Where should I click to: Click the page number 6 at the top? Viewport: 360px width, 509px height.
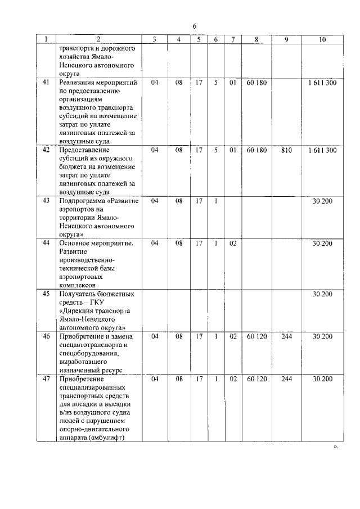[x=195, y=26]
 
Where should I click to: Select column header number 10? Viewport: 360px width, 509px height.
[x=322, y=39]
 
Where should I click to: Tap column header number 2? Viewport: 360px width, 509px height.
[x=98, y=39]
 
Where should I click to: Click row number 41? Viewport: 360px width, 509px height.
[x=46, y=83]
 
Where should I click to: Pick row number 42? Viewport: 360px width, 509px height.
[x=46, y=150]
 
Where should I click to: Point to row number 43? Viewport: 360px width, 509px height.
[x=46, y=201]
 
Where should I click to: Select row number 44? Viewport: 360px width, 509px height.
[x=46, y=243]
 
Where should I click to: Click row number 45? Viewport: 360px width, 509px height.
[x=46, y=294]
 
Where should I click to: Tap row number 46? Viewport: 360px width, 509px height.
[x=46, y=336]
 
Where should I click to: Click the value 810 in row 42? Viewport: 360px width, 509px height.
[x=286, y=150]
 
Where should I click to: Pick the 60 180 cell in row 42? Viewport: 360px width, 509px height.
[x=256, y=150]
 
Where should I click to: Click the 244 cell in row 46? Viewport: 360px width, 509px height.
[x=286, y=336]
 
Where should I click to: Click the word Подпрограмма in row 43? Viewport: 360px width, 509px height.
[x=83, y=201]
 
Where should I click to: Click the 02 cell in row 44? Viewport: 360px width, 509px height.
[x=232, y=243]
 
